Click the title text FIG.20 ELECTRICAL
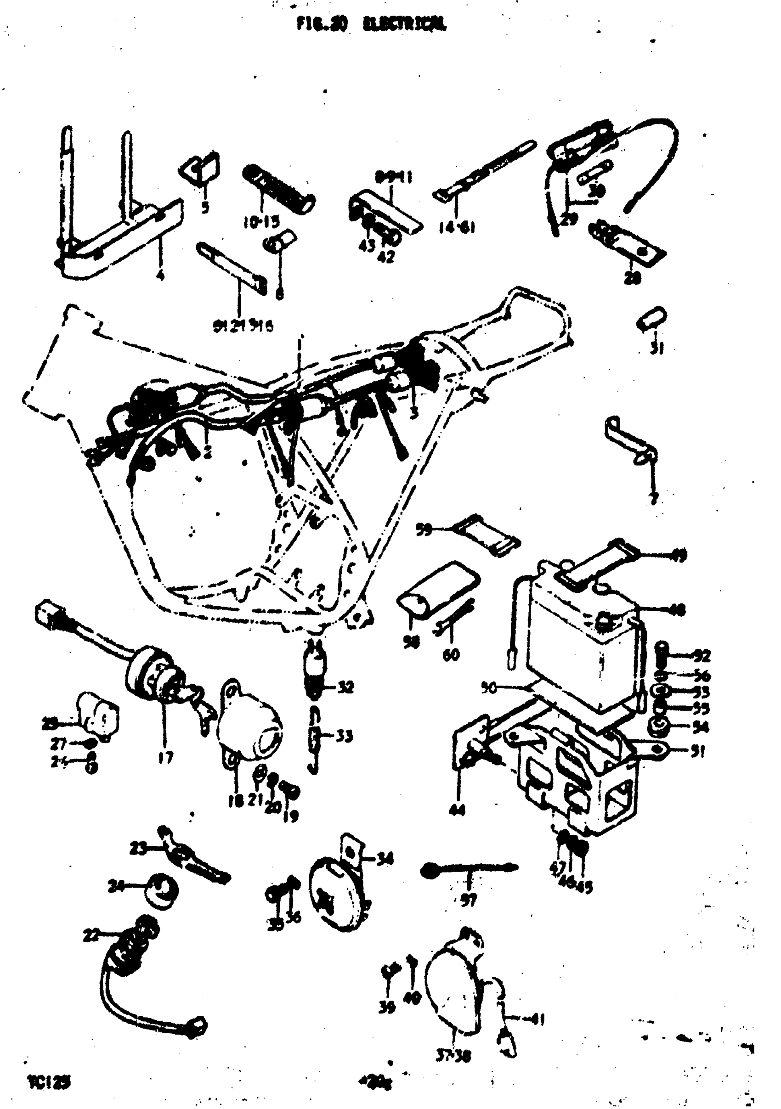point(371,24)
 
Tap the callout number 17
point(165,758)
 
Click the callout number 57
point(468,900)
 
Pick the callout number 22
point(91,935)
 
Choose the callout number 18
point(235,801)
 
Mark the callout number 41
point(538,1019)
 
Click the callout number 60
point(451,655)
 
